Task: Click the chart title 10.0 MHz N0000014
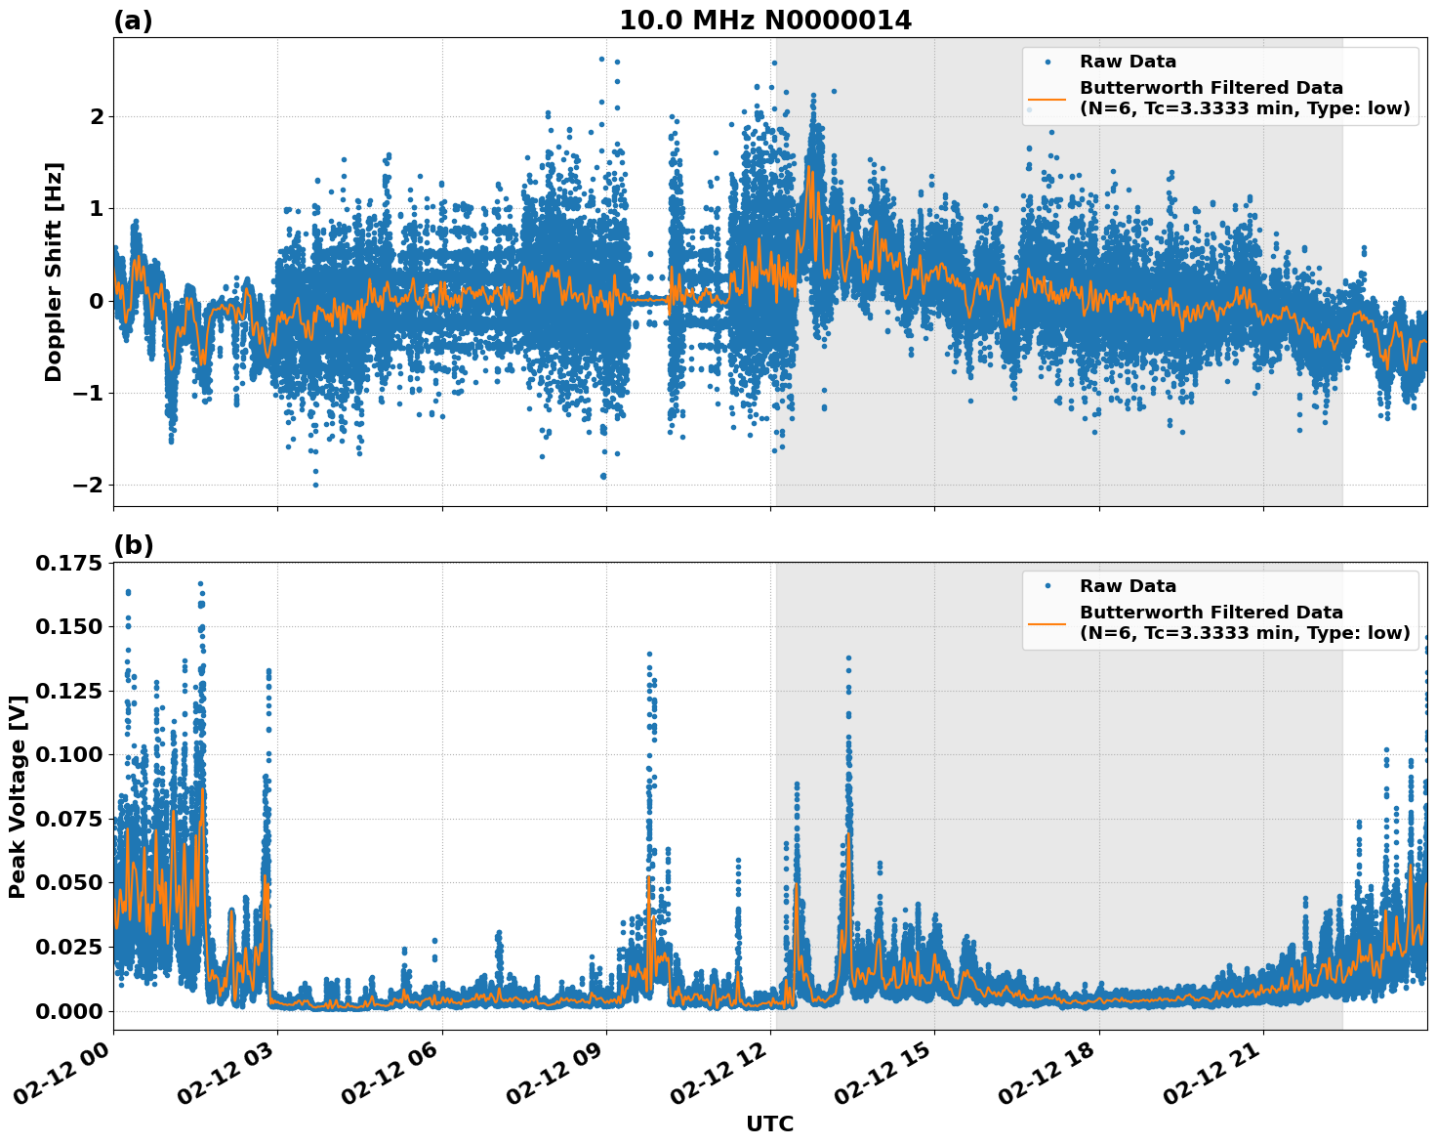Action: (765, 21)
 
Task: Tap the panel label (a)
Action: (133, 21)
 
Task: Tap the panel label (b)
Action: (133, 545)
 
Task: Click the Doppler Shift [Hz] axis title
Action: (54, 272)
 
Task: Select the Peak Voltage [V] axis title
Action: (18, 789)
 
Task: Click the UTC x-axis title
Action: (769, 1124)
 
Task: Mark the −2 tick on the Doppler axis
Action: (89, 486)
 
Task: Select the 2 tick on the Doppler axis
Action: (97, 116)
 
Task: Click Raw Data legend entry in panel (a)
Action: (1128, 62)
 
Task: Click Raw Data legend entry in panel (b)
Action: (1128, 586)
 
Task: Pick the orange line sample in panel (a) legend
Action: (1047, 99)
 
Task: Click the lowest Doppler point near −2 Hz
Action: (315, 485)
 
